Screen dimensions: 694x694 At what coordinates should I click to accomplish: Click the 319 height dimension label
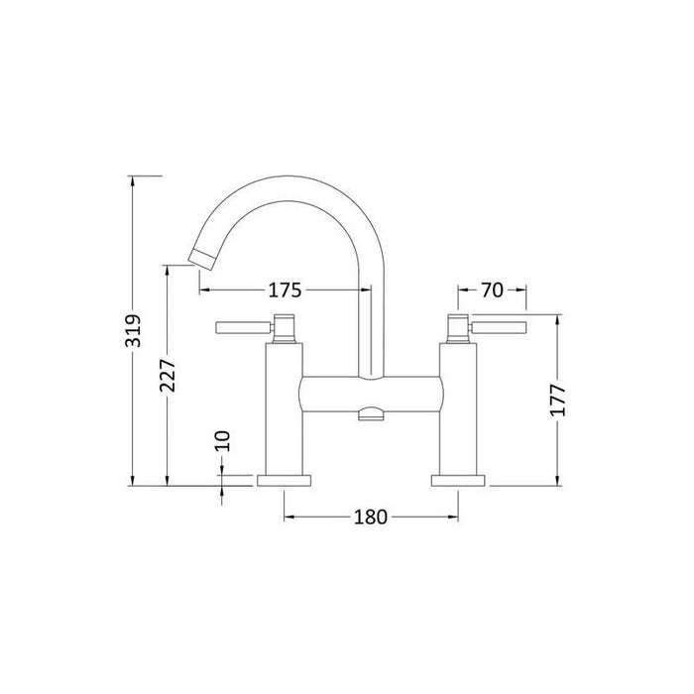pos(133,330)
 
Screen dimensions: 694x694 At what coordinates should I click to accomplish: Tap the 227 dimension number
pos(168,376)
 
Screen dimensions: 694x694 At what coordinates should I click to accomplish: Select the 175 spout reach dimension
pos(286,290)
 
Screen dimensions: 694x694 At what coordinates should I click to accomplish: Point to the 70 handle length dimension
pos(492,290)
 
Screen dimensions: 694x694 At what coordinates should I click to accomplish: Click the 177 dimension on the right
pos(557,401)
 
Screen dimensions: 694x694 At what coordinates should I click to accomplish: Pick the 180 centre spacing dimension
pos(371,517)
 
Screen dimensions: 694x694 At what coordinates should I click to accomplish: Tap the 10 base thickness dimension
pos(222,441)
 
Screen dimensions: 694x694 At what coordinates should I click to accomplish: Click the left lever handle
pos(244,327)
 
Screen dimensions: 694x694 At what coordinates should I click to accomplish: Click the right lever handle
pos(498,327)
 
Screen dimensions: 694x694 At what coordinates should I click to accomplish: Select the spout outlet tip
pos(202,259)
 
